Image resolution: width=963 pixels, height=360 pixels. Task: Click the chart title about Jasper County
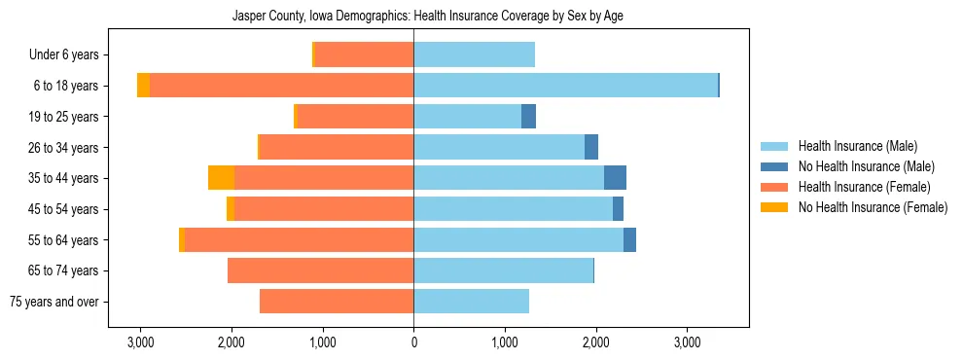click(x=433, y=17)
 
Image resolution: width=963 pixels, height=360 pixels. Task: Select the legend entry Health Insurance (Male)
click(x=857, y=146)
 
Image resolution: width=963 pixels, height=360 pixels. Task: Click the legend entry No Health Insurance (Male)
click(x=866, y=166)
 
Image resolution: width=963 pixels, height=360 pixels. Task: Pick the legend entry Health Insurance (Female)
click(x=864, y=187)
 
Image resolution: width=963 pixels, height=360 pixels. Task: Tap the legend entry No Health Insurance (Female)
click(x=873, y=207)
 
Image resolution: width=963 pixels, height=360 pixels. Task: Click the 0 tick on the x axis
click(x=413, y=342)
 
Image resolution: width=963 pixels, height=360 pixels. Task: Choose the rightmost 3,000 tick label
click(x=687, y=342)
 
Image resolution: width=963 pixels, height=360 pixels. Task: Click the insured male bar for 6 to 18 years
click(x=565, y=86)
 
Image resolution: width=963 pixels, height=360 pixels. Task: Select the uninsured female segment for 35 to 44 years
click(x=222, y=178)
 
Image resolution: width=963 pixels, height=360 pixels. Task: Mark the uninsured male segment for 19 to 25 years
click(x=528, y=117)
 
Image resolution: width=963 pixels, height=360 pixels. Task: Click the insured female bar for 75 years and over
click(x=337, y=302)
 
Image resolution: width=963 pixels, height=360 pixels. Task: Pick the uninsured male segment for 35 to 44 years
click(x=615, y=178)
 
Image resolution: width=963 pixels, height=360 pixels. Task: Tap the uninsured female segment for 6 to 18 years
click(x=143, y=86)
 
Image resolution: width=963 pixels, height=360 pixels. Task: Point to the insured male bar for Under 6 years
click(x=474, y=55)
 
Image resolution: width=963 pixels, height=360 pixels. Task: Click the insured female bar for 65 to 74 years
click(x=320, y=270)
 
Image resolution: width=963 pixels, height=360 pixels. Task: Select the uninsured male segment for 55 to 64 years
click(x=629, y=239)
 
